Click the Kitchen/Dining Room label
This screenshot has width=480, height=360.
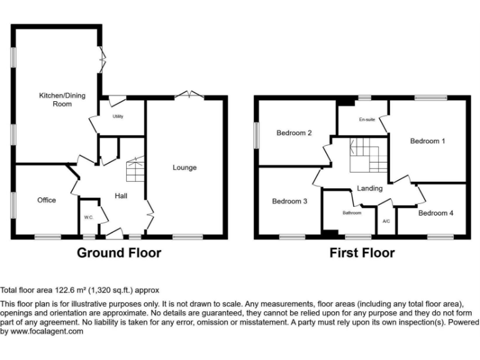[62, 100]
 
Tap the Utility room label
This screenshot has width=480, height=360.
[117, 117]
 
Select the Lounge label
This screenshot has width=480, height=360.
[185, 167]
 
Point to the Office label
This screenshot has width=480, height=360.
[46, 200]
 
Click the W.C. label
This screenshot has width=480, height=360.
[88, 217]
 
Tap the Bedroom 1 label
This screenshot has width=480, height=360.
[427, 141]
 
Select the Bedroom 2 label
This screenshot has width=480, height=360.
[294, 132]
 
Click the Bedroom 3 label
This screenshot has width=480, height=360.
[289, 201]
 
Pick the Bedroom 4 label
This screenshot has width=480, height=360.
[436, 213]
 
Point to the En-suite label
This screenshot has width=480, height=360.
[367, 120]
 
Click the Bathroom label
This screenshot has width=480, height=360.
[352, 213]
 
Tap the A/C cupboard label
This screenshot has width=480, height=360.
[386, 221]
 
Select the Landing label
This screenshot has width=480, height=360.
[369, 188]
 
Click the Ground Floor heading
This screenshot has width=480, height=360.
[119, 253]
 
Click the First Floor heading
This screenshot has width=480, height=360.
[362, 253]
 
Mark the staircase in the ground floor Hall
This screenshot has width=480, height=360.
[135, 170]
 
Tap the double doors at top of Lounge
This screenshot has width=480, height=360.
[188, 95]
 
